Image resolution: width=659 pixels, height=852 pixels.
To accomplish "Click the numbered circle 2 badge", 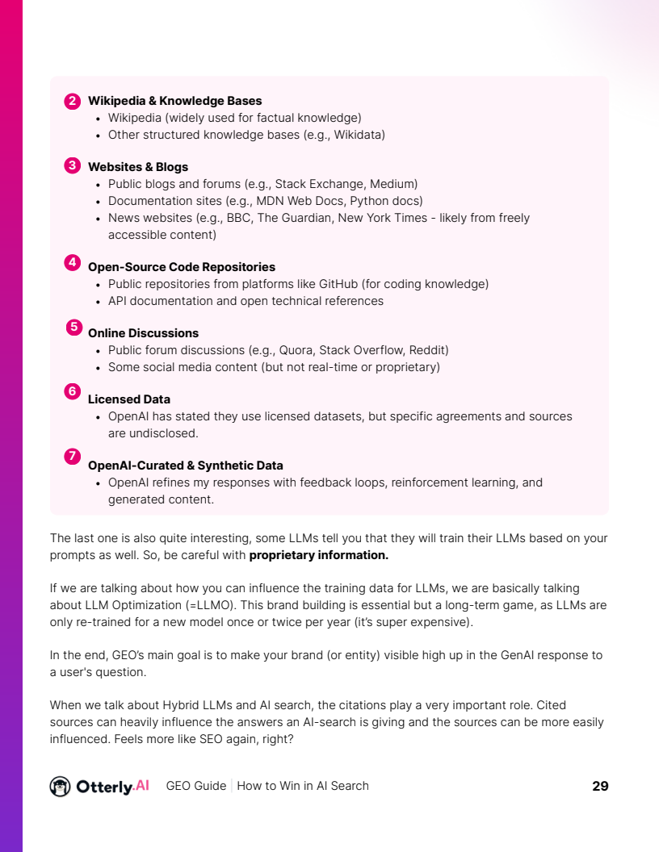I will tap(72, 101).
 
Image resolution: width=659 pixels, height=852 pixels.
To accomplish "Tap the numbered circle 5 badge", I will tap(74, 328).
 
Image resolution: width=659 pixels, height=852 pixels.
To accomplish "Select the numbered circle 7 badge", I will tap(72, 457).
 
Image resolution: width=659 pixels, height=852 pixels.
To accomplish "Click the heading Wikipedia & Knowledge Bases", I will tap(174, 101).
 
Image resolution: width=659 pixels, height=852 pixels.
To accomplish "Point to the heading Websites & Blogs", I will tap(138, 167).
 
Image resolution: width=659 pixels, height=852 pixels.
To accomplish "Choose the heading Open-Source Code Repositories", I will tap(182, 267).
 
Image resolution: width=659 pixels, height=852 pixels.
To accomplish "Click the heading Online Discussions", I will tap(143, 333).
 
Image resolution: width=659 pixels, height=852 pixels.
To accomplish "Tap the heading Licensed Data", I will tap(129, 399).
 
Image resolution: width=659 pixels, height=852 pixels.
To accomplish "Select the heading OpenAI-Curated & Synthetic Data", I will tap(186, 466).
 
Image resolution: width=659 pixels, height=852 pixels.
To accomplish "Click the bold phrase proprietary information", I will tap(319, 555).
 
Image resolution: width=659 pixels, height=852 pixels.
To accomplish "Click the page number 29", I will tap(600, 786).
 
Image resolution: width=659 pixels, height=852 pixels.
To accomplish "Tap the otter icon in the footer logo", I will tap(60, 786).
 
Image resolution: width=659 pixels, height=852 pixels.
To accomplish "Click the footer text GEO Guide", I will tap(196, 786).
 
